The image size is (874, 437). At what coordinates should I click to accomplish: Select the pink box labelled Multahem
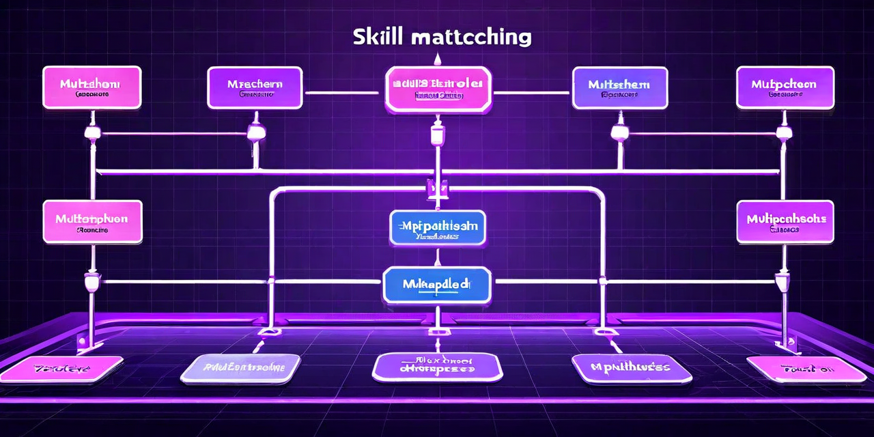(x=92, y=87)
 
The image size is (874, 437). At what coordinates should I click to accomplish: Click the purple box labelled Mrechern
(x=255, y=87)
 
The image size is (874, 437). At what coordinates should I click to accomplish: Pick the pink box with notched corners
(x=438, y=89)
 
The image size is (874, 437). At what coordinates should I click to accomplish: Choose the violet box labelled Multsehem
(x=620, y=87)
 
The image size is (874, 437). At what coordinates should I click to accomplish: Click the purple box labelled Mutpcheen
(x=785, y=87)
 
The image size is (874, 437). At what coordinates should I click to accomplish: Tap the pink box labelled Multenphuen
(x=92, y=222)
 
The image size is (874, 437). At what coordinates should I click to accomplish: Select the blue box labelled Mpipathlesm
(x=438, y=227)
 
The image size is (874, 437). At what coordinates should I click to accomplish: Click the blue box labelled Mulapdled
(x=437, y=285)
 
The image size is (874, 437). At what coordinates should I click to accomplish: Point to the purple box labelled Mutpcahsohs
(x=785, y=222)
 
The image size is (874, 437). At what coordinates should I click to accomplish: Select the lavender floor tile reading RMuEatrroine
(x=241, y=369)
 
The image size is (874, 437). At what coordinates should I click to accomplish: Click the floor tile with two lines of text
(x=437, y=367)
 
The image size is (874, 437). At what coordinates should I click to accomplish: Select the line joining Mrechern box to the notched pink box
(x=343, y=92)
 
